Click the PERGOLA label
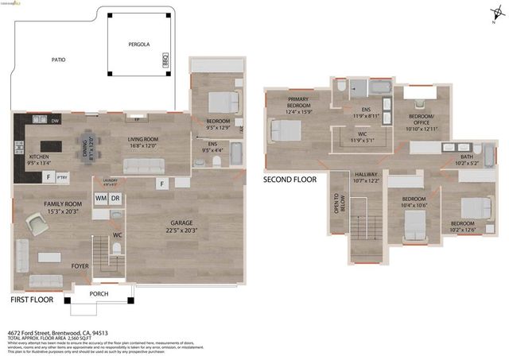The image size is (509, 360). click(x=139, y=46)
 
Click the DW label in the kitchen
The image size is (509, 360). click(x=55, y=121)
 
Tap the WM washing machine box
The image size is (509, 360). click(x=101, y=197)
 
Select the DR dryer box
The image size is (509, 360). click(x=115, y=197)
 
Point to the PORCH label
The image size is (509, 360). click(x=99, y=293)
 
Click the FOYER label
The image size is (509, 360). click(x=80, y=266)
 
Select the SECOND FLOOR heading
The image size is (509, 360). click(x=289, y=180)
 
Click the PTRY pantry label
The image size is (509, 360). click(x=62, y=177)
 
